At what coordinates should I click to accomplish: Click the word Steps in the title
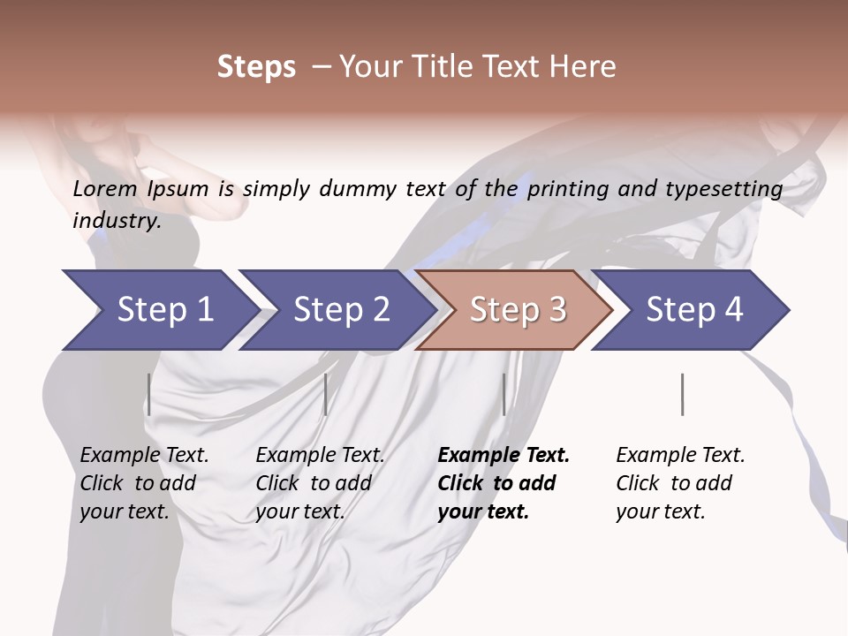256,67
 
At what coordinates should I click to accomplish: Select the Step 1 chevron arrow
159,309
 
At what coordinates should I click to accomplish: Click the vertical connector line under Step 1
149,394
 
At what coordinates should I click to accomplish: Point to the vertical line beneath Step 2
326,394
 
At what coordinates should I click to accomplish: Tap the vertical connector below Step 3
503,394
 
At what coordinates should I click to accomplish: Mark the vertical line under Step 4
682,394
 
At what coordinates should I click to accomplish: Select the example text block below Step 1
144,482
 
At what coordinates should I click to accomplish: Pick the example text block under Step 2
320,482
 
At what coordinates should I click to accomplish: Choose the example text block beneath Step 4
680,482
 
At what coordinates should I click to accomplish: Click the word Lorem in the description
104,189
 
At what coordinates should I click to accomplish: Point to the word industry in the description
115,221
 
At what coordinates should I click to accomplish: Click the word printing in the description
571,189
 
